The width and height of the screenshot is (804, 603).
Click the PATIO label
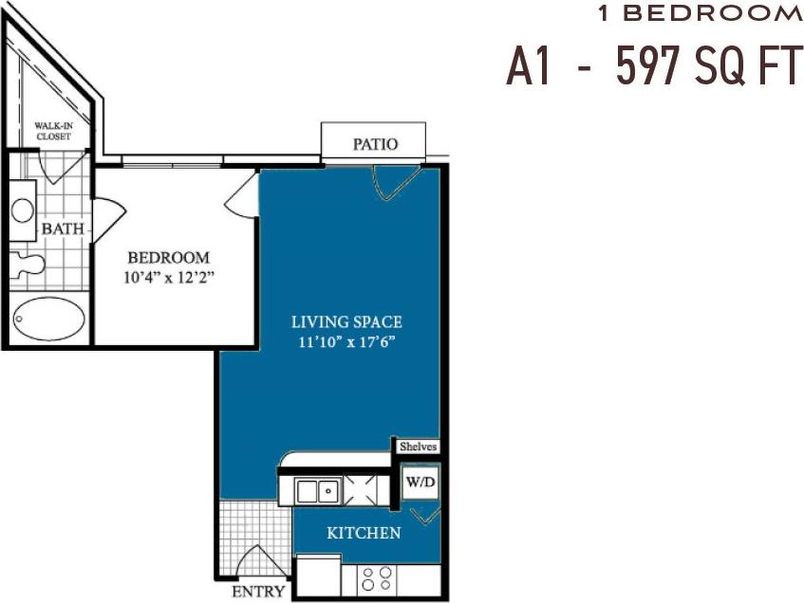(x=375, y=144)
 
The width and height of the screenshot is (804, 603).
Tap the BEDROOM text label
(x=168, y=258)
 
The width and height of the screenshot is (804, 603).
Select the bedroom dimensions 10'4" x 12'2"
(x=168, y=278)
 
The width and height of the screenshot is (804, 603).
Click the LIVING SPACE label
(x=346, y=322)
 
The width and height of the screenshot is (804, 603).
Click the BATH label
(x=62, y=228)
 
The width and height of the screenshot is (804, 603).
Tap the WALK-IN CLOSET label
(x=53, y=130)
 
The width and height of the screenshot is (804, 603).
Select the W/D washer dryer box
(x=419, y=482)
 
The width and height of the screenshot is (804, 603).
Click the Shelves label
(x=416, y=447)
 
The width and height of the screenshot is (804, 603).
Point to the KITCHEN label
(x=364, y=533)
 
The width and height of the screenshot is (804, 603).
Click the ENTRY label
(x=258, y=592)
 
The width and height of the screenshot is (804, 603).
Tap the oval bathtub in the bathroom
(x=50, y=320)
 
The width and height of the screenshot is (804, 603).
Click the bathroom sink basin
(x=23, y=210)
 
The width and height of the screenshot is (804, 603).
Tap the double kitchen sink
(x=317, y=491)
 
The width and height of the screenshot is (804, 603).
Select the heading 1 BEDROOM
(x=700, y=13)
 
